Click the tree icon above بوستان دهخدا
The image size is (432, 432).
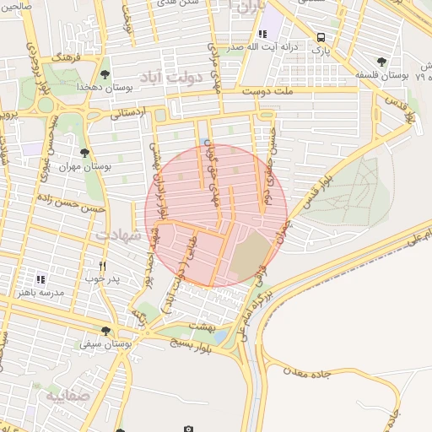105,74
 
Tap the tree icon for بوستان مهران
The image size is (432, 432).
84,153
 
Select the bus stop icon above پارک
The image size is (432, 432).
321,37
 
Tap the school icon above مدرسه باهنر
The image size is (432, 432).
40,279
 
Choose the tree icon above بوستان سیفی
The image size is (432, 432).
105,332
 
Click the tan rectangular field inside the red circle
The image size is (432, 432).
249,257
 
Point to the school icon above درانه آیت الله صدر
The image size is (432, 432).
262,34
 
